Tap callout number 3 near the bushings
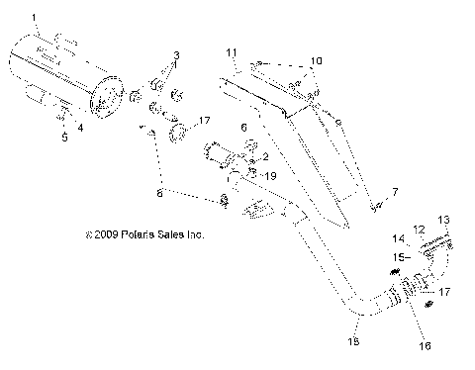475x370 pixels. click(176, 54)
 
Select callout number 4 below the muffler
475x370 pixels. click(81, 127)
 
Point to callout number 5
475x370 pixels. click(64, 137)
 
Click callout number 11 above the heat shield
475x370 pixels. click(232, 51)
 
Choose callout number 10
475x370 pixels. click(315, 61)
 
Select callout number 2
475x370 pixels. click(263, 156)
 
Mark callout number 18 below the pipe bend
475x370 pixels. click(354, 341)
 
